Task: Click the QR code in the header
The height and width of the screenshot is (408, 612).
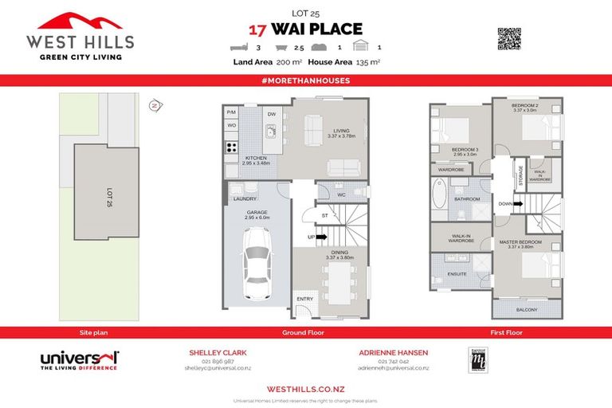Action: click(x=508, y=38)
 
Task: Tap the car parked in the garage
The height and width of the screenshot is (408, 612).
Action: click(x=258, y=261)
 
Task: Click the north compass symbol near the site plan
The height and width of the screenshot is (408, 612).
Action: click(x=155, y=104)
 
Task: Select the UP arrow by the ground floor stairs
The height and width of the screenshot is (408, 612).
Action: click(x=320, y=237)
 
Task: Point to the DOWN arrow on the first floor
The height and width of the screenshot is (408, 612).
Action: click(x=512, y=204)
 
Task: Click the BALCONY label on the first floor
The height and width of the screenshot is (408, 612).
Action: click(x=527, y=310)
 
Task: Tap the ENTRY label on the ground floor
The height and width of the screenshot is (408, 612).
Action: click(x=304, y=299)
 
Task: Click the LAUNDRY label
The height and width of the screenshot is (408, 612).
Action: click(x=245, y=198)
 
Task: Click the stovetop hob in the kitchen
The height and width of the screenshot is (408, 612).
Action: click(x=233, y=147)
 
